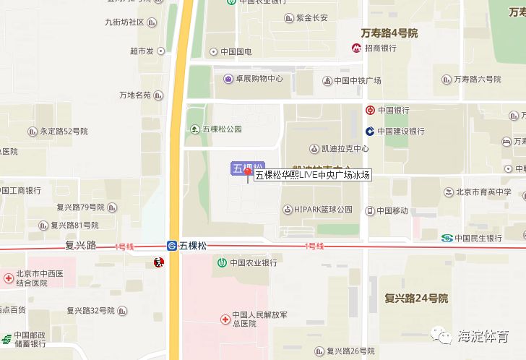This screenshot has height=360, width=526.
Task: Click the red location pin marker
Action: tap(248, 173)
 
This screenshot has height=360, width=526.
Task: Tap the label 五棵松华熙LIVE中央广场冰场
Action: tap(312, 174)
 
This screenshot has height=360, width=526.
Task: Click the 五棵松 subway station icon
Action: tap(173, 246)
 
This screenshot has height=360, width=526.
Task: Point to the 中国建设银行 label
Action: tap(399, 132)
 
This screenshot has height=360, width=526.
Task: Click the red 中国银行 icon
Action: tap(369, 111)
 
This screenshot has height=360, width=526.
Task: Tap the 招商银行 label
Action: tap(381, 48)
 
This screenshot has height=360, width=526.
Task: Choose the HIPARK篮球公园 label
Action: tap(323, 210)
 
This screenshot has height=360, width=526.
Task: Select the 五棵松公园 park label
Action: tap(222, 129)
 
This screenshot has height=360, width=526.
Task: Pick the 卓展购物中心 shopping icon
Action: tap(228, 79)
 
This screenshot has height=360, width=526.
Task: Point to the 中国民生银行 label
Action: tap(478, 238)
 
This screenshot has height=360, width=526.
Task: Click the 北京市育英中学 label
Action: tap(483, 192)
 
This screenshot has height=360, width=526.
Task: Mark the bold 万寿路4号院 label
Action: tap(389, 33)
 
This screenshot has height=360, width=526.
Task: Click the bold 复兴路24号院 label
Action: tap(416, 298)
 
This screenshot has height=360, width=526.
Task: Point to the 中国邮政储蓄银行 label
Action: tap(29, 340)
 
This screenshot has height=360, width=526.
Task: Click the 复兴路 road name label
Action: tap(80, 245)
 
